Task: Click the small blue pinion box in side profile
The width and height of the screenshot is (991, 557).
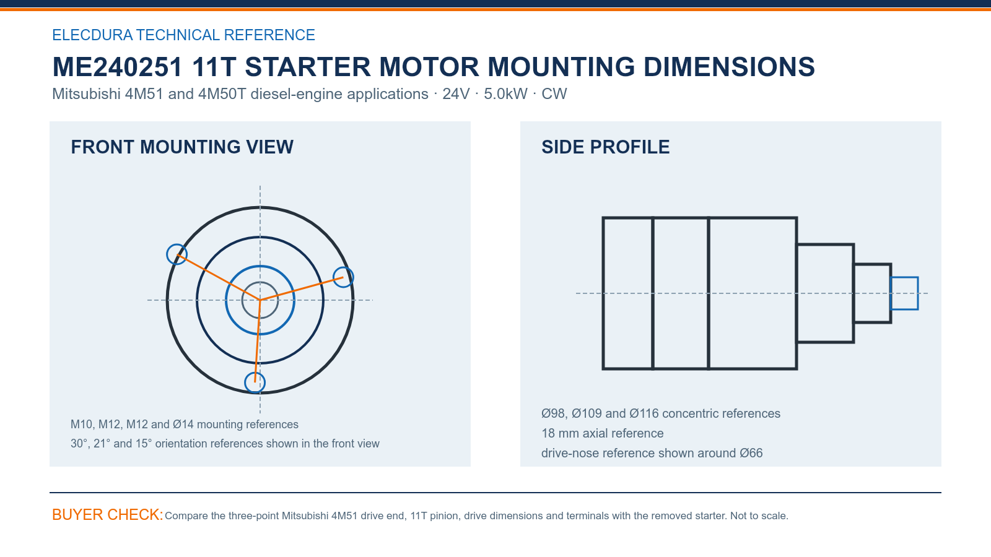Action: point(904,278)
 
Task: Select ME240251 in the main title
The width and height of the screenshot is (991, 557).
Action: point(117,67)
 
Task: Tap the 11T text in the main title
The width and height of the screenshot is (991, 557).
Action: point(214,67)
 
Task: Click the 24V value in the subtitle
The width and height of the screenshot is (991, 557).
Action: point(456,93)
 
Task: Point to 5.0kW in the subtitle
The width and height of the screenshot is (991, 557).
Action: point(505,93)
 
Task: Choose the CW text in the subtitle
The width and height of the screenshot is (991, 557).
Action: point(554,93)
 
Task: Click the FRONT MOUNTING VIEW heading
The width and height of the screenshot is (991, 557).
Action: point(182,147)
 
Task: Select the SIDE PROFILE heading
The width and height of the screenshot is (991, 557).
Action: point(605,147)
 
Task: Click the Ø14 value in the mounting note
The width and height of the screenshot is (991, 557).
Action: point(183,425)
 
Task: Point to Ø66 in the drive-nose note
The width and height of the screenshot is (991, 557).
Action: point(751,453)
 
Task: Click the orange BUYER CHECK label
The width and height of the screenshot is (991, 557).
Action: point(108,514)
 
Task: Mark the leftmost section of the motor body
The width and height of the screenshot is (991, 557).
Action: point(628,293)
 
